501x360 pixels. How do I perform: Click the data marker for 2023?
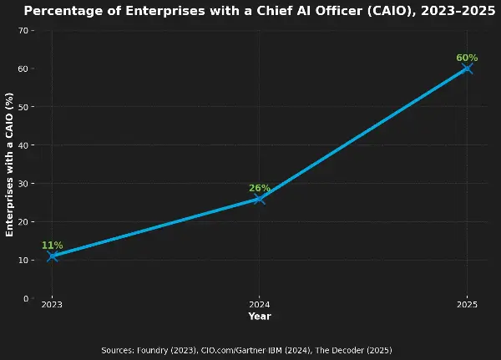click(x=52, y=256)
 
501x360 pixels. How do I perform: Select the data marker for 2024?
click(x=259, y=198)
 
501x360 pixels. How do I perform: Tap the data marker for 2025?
click(x=467, y=68)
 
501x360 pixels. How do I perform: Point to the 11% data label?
click(x=52, y=246)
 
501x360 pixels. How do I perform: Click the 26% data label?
click(x=259, y=188)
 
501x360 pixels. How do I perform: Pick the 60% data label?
click(x=467, y=58)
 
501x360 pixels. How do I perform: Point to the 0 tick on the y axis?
click(x=26, y=298)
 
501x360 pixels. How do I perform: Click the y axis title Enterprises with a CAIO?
click(x=10, y=165)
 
